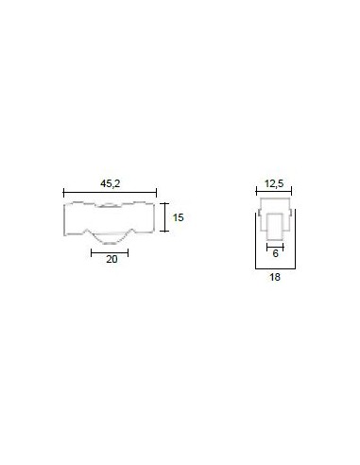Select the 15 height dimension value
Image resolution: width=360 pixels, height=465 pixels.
[x=178, y=217]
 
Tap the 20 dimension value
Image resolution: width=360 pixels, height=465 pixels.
[x=111, y=262]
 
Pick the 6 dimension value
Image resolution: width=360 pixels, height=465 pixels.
[x=274, y=253]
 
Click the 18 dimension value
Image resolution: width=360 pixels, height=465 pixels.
[x=274, y=279]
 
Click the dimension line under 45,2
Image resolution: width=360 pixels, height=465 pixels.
[x=110, y=189]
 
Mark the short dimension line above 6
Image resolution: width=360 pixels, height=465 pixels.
[x=274, y=243]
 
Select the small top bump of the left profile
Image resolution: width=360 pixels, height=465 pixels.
[x=110, y=202]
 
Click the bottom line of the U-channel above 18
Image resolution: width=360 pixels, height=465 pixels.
[x=274, y=266]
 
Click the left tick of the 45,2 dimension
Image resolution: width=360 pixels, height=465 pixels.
[x=63, y=189]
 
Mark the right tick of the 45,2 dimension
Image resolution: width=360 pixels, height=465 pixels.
[x=156, y=189]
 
